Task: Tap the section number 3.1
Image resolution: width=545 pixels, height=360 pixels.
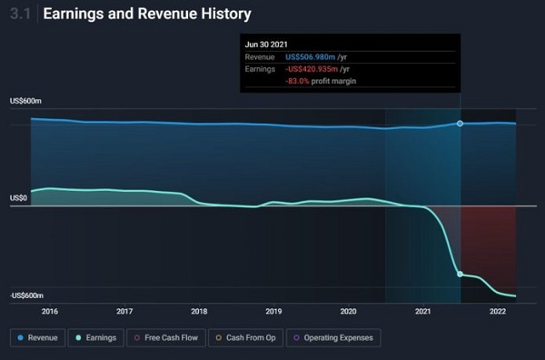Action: (x=21, y=15)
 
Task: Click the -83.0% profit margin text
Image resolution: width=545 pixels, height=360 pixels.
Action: (x=322, y=81)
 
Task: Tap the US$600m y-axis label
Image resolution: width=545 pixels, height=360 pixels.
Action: (x=26, y=101)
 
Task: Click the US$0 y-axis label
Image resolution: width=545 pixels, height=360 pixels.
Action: (x=19, y=197)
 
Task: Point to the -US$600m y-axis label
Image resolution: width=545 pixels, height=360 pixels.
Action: (x=28, y=295)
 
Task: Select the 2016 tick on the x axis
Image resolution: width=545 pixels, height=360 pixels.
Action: (x=50, y=311)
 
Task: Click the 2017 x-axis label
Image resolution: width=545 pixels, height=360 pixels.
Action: (x=124, y=311)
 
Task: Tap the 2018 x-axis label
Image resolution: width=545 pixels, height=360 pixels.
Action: (x=199, y=311)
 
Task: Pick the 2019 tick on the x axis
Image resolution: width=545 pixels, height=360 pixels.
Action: (x=273, y=311)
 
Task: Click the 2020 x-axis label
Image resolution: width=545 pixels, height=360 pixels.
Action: (x=348, y=311)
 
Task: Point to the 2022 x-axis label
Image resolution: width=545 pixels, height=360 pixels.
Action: (x=497, y=311)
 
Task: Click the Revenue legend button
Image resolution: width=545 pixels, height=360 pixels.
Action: (x=38, y=337)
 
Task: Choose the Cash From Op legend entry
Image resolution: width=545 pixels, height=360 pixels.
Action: (x=247, y=337)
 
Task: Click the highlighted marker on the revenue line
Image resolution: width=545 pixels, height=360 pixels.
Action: (x=460, y=123)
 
